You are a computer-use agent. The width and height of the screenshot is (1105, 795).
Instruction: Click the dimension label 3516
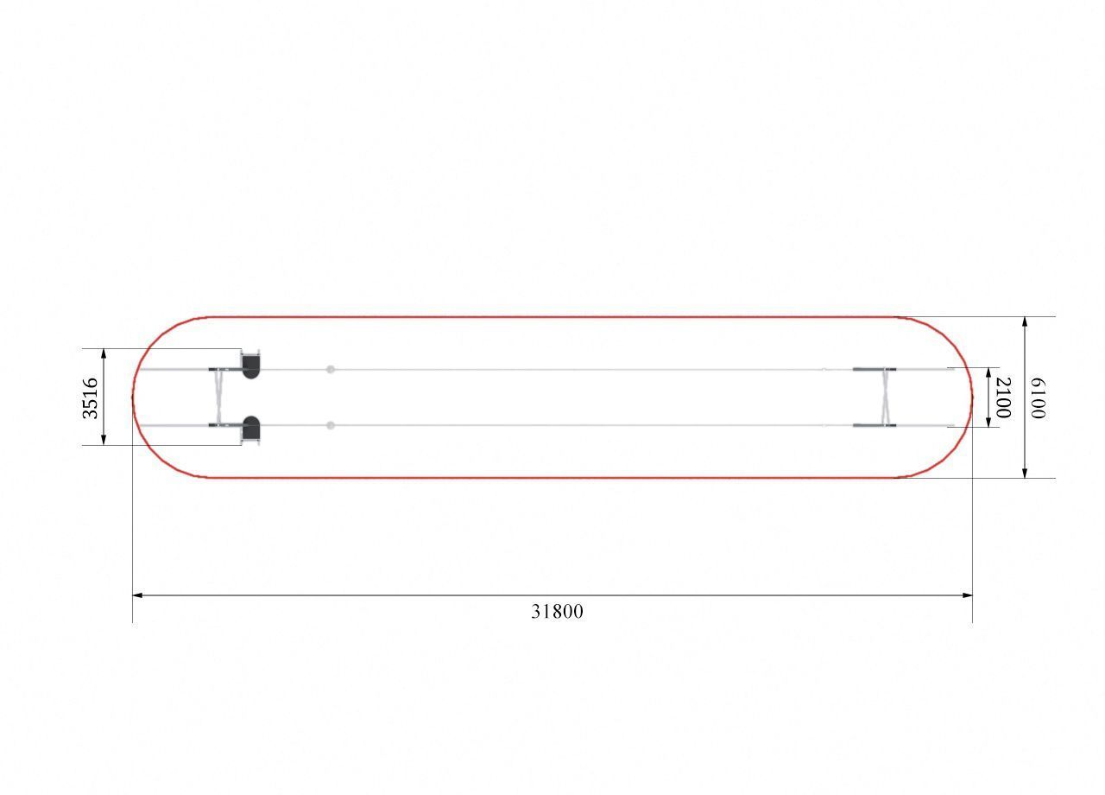[x=91, y=398]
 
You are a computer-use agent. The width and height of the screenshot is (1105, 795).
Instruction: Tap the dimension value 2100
[x=1004, y=397]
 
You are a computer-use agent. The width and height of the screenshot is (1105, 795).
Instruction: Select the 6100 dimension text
[x=1038, y=398]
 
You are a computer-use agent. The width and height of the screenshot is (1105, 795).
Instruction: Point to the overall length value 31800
[x=557, y=612]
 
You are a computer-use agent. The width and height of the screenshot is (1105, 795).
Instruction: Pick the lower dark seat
[x=250, y=428]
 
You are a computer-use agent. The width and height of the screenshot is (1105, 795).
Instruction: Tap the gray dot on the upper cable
[x=331, y=369]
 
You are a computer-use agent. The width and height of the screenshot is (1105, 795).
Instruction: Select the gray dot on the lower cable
[x=331, y=425]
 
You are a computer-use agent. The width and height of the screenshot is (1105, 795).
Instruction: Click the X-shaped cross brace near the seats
[x=218, y=397]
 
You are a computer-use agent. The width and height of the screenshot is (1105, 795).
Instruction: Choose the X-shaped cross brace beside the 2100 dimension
[x=887, y=397]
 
